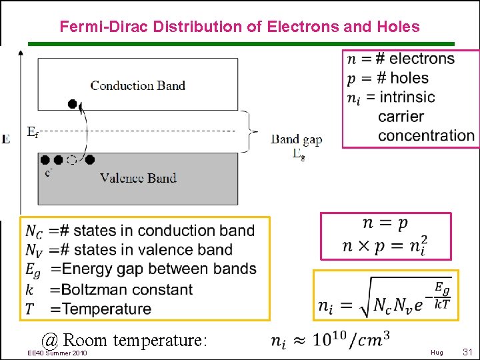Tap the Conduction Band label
click(137, 85)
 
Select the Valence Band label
click(138, 178)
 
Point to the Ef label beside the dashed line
click(32, 132)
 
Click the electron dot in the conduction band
click(73, 104)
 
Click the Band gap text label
click(296, 140)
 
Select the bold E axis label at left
click(6, 139)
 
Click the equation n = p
click(385, 223)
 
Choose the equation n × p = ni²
click(385, 245)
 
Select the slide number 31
click(467, 352)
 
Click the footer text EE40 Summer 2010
click(57, 353)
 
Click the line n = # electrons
click(401, 59)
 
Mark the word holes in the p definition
click(409, 78)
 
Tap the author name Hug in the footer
click(437, 353)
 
